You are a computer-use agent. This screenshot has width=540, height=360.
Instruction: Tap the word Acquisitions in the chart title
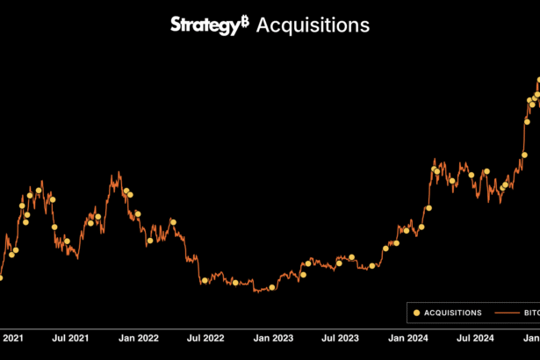click(313, 25)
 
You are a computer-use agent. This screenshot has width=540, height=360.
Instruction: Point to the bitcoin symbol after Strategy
click(245, 21)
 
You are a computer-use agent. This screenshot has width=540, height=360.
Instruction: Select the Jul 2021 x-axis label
click(71, 337)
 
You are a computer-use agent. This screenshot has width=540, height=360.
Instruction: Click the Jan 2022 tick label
click(138, 337)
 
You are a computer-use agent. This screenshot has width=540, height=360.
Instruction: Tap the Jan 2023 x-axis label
click(272, 337)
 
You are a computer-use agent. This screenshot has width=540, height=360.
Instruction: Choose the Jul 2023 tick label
click(341, 337)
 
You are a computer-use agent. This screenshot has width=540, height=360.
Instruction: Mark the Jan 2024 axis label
click(407, 337)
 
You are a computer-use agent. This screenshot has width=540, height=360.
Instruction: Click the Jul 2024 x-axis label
click(476, 337)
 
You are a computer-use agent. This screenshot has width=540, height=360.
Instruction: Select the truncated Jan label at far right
click(532, 337)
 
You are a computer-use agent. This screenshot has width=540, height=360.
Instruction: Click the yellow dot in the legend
click(416, 312)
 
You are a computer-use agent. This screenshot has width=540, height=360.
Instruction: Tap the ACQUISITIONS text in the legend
click(453, 312)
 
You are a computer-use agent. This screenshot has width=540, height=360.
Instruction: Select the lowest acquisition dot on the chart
click(272, 287)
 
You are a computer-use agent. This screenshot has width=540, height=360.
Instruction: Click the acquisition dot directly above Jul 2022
click(205, 280)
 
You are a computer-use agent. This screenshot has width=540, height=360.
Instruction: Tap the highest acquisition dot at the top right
click(538, 81)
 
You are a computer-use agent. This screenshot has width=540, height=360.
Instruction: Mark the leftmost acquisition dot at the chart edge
click(1, 277)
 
